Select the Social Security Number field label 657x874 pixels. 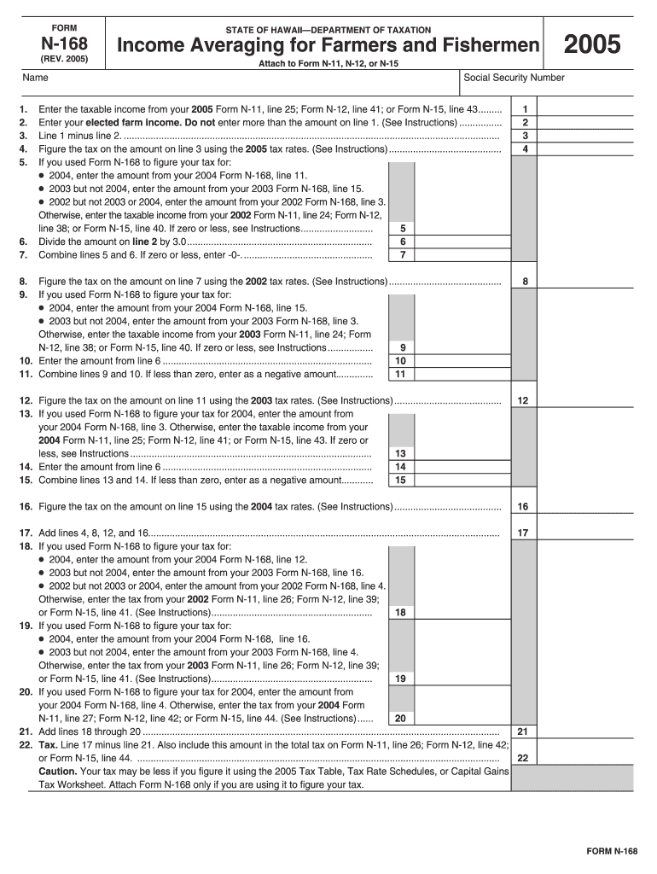pos(514,78)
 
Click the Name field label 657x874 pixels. pos(35,78)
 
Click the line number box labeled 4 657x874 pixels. pos(526,149)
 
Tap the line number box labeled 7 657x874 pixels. pos(401,255)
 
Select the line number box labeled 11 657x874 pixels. pos(401,375)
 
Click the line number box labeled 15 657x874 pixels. pos(401,481)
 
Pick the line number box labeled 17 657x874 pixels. pos(523,533)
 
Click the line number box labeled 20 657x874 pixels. pos(401,719)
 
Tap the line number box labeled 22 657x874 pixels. pos(523,758)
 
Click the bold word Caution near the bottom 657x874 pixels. pos(57,771)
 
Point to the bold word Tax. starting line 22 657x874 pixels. pos(48,745)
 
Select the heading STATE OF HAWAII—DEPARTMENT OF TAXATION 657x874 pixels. pos(328,30)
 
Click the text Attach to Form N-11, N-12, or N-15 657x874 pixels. pos(328,64)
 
